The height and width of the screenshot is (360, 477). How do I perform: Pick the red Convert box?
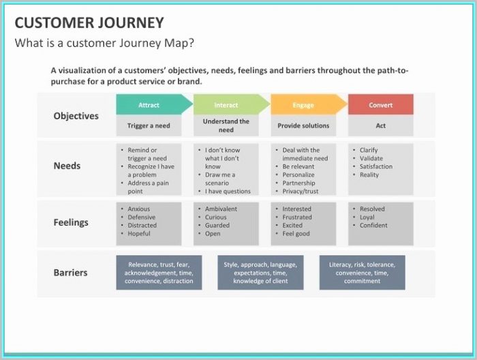click(x=380, y=105)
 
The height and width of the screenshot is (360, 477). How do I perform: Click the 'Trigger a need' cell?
click(x=149, y=125)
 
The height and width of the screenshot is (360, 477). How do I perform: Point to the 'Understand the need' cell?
click(x=226, y=125)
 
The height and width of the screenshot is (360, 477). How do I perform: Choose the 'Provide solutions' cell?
click(x=303, y=125)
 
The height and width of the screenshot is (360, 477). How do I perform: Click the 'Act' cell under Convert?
click(x=380, y=125)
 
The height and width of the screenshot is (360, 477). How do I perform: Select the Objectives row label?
click(x=76, y=116)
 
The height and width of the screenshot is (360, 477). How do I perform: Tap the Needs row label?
click(x=67, y=166)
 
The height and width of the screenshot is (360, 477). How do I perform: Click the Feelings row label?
click(x=71, y=222)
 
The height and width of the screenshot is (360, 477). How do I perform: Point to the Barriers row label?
click(x=70, y=273)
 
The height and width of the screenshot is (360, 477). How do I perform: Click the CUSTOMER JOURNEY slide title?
click(x=89, y=22)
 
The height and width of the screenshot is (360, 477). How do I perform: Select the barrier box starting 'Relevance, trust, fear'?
click(x=159, y=273)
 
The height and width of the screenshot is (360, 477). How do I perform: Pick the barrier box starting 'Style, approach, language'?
click(x=260, y=273)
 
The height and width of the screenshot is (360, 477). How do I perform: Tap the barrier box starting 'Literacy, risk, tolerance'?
click(x=362, y=273)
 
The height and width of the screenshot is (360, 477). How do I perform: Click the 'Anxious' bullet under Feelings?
click(x=138, y=209)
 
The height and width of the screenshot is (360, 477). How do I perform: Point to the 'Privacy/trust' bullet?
click(x=301, y=192)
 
